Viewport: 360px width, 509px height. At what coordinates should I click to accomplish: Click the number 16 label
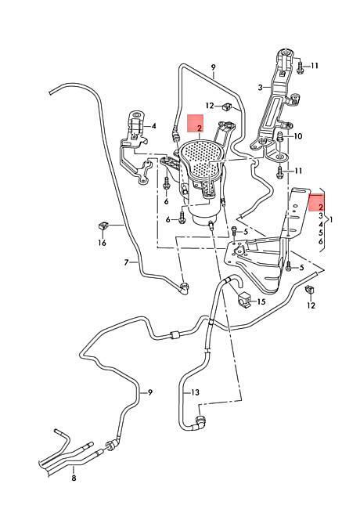click(103, 243)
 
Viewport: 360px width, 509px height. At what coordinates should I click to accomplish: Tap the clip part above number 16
click(103, 226)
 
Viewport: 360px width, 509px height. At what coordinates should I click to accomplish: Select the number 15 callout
click(261, 301)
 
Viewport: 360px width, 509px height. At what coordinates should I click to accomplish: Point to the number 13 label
click(195, 392)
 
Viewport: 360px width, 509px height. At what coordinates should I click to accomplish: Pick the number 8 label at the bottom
click(74, 478)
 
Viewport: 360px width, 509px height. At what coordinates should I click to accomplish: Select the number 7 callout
click(127, 262)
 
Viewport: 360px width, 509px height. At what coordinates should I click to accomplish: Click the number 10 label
click(297, 136)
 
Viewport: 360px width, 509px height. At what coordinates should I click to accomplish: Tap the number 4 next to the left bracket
click(153, 125)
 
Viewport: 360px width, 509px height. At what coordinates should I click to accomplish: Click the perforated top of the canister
click(202, 156)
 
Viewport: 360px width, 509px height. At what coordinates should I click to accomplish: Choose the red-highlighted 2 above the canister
click(200, 128)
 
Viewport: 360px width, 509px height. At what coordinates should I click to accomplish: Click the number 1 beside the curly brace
click(331, 220)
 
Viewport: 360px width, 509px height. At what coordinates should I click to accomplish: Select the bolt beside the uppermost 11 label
click(300, 67)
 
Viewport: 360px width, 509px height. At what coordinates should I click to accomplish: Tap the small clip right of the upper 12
click(226, 106)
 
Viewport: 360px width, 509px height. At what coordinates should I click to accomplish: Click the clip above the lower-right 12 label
click(310, 290)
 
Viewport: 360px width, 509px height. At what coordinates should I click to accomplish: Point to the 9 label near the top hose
click(213, 67)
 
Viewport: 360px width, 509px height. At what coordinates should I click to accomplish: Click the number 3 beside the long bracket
click(260, 88)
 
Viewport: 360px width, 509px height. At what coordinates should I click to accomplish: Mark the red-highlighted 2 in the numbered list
click(321, 207)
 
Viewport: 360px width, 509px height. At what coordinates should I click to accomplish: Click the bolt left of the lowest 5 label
click(289, 266)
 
